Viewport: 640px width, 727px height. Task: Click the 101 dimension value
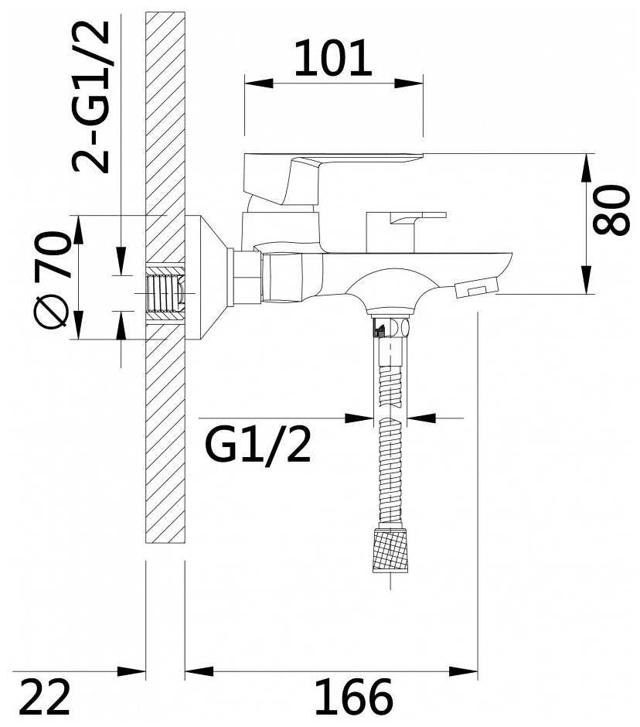(333, 58)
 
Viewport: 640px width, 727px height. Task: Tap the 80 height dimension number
(611, 210)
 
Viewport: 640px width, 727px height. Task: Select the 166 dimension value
(354, 696)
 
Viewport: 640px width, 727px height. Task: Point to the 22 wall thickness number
(45, 697)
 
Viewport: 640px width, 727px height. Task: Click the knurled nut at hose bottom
(390, 549)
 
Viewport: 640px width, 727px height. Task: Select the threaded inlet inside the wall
(165, 294)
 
